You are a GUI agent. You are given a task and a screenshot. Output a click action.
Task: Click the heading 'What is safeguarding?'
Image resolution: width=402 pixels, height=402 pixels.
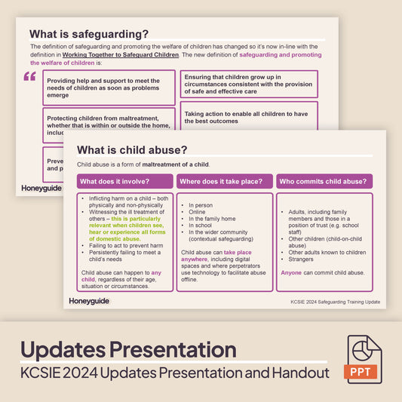[88, 34]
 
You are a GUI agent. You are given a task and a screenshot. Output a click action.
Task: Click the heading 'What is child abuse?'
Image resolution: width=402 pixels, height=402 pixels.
[132, 150]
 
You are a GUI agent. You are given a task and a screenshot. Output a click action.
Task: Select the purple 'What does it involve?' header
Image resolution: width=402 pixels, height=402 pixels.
[125, 182]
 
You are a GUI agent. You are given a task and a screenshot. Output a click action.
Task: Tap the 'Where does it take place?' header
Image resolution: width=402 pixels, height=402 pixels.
[225, 182]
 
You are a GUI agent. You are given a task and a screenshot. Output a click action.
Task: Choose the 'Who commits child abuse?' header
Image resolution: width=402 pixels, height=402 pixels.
[324, 182]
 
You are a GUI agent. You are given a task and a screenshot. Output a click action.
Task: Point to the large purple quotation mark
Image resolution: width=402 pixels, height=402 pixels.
[29, 77]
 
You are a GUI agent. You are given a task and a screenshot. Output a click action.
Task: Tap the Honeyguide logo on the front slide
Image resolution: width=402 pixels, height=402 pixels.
[89, 302]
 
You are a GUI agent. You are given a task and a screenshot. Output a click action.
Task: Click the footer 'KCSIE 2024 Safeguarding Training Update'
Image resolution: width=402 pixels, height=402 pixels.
[336, 302]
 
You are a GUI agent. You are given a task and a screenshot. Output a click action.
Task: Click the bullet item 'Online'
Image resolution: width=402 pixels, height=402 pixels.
[198, 212]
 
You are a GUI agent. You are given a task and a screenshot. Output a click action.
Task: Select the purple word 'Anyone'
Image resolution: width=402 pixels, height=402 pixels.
[290, 272]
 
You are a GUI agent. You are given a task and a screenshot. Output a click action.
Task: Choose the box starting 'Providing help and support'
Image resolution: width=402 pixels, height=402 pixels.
[109, 87]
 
